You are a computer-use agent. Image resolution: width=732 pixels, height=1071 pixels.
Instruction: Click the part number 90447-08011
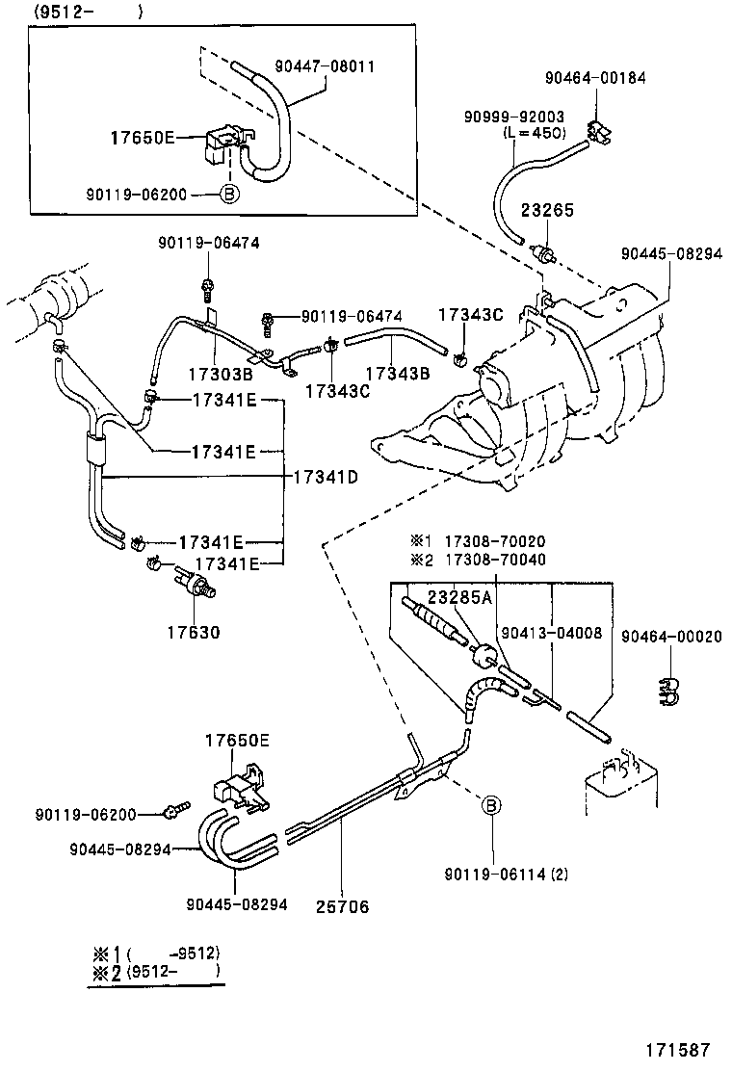[325, 66]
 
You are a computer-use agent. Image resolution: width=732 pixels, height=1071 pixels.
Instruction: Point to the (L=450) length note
[534, 133]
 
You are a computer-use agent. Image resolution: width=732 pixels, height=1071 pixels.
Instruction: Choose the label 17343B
[396, 373]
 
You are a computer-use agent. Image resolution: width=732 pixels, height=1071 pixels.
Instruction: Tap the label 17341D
[326, 477]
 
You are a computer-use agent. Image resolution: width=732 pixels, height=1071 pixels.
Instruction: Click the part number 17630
[193, 633]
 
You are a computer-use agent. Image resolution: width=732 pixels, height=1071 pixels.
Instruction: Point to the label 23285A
[459, 597]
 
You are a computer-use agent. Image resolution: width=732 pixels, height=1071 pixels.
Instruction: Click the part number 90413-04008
[552, 633]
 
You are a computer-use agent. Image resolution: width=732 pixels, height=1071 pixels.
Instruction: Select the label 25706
[342, 906]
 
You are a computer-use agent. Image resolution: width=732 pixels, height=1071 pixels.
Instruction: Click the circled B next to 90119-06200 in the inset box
[229, 194]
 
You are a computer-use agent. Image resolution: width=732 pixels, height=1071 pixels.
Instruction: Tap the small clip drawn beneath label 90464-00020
[665, 688]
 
